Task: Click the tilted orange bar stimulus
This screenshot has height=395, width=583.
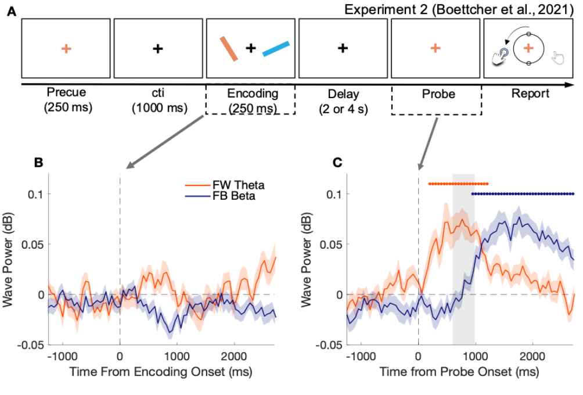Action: coord(229,49)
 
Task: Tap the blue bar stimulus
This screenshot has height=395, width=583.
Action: coord(276,49)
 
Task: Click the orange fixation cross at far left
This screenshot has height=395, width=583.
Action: coord(66,49)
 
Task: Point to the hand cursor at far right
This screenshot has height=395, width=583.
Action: coord(557,57)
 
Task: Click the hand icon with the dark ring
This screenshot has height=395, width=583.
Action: coord(500,56)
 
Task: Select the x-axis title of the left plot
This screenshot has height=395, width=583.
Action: coord(161,372)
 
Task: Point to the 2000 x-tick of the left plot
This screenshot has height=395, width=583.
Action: coord(233,356)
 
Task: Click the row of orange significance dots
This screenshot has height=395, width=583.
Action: coord(458,184)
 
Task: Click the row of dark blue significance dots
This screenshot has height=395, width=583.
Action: coord(523,193)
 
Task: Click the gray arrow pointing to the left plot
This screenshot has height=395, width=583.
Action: coord(165,142)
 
